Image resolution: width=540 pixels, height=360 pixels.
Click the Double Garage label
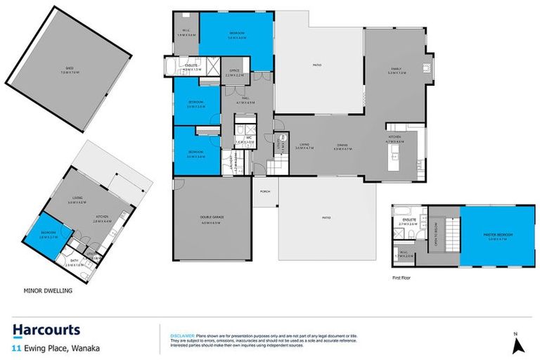[x=212, y=224]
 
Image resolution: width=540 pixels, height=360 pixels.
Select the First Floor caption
[x=402, y=278]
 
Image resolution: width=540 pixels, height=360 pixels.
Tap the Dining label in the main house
[x=343, y=147]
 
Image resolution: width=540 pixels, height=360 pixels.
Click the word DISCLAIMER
[x=181, y=337]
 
